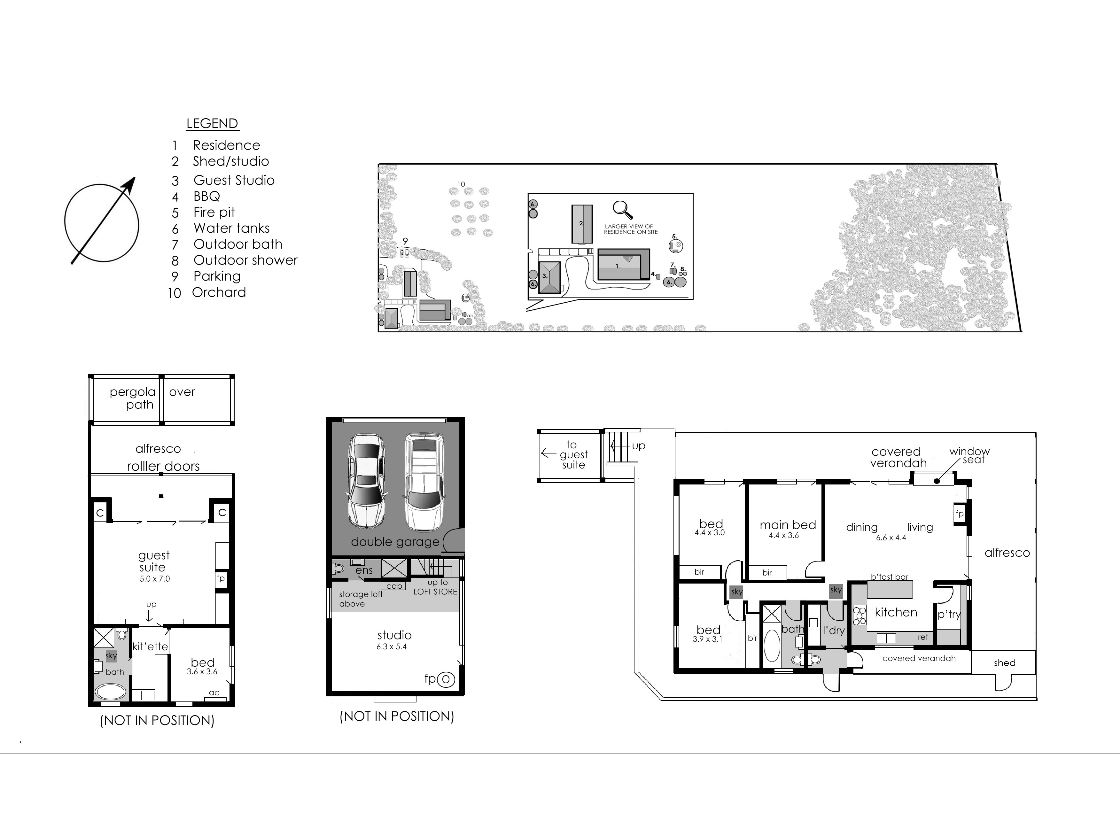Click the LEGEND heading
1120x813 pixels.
pos(212,123)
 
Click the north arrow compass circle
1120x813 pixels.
pos(102,223)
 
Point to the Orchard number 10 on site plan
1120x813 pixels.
pos(461,184)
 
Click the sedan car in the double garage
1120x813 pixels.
pos(365,481)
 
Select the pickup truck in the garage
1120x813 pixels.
pos(424,481)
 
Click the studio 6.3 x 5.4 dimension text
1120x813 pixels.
pos(391,647)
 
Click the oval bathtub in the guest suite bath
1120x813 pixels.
pos(111,692)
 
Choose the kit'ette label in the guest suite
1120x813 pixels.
pos(150,646)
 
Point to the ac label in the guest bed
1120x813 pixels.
pos(214,693)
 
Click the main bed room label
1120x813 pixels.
pos(788,525)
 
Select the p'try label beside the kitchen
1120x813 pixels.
pos(949,614)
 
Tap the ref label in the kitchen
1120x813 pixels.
pos(922,637)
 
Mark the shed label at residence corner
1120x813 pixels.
pos(1004,663)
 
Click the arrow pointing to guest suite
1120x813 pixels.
pos(548,453)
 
